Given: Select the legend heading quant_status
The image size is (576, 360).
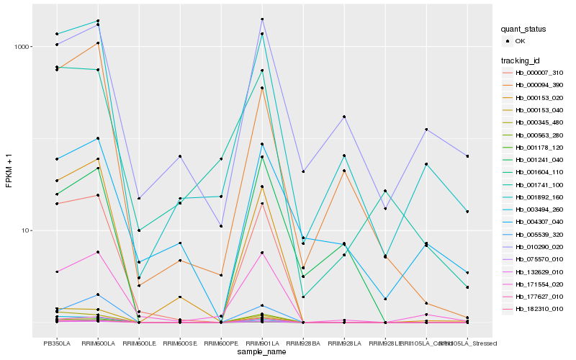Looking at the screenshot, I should point(523,30).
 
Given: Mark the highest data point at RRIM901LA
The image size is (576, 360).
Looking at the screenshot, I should point(262,19).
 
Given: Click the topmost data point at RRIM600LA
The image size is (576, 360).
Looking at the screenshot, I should point(98,21).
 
